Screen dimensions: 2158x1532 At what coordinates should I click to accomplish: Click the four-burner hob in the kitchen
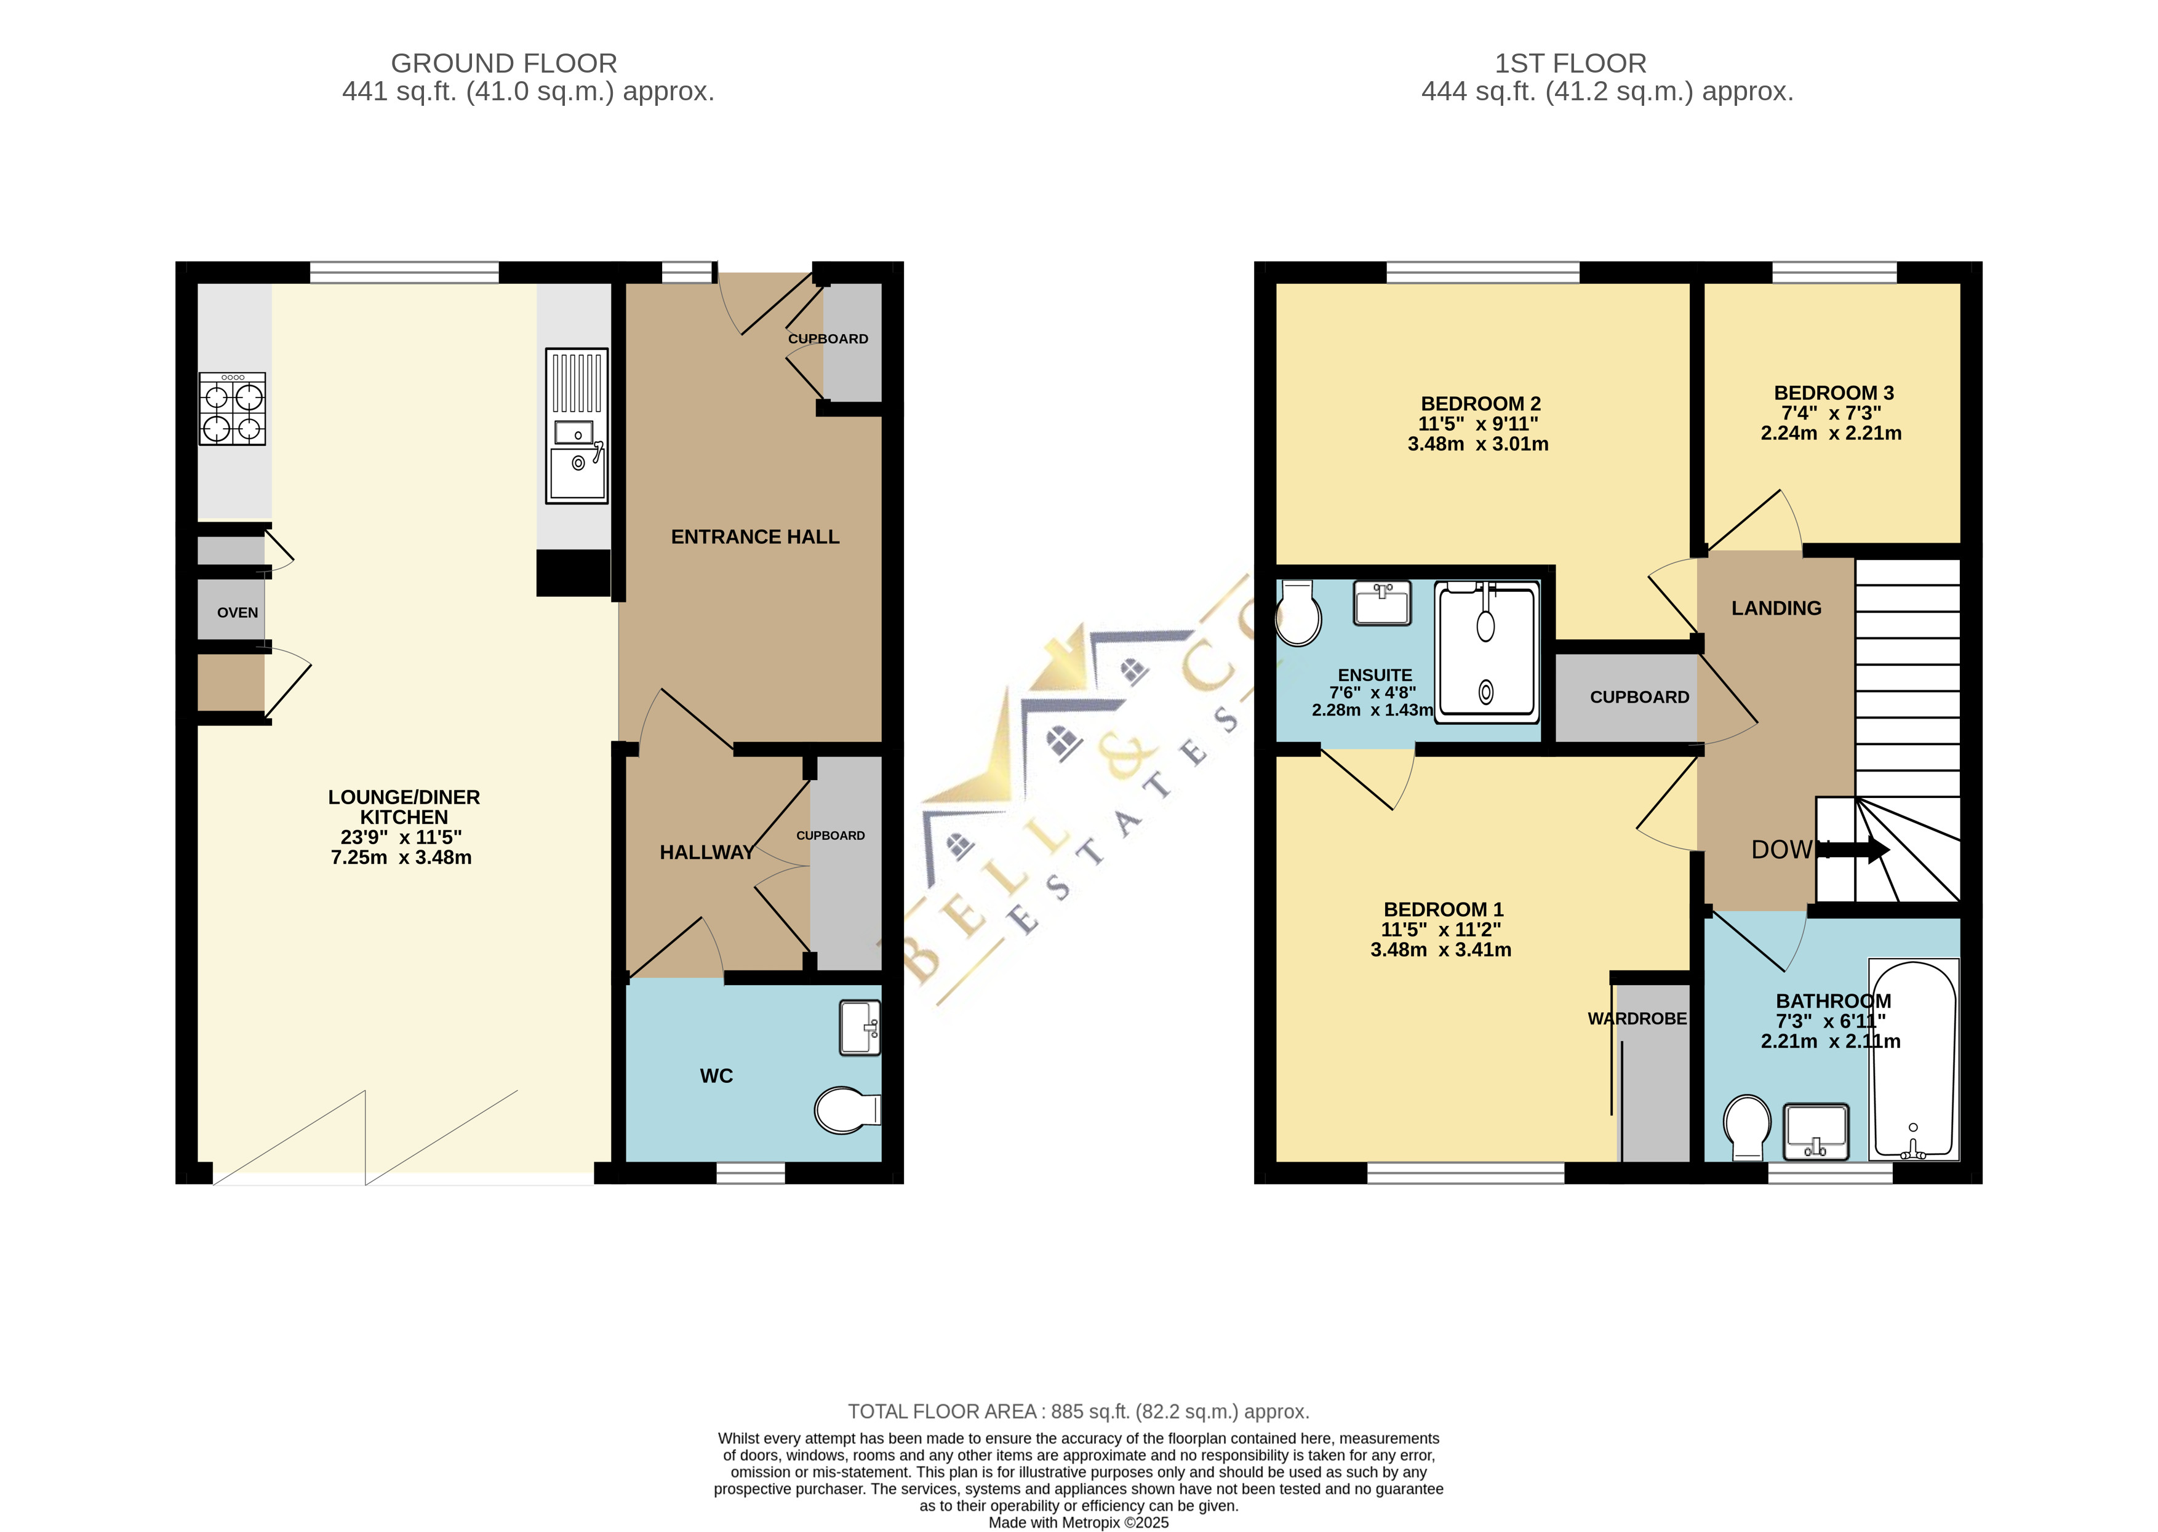pos(232,409)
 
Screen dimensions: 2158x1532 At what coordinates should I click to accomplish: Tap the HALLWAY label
pos(706,853)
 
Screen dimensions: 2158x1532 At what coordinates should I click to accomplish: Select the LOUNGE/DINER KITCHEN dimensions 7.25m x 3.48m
pos(401,858)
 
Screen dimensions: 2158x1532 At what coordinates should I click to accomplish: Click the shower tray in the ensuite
pos(1487,652)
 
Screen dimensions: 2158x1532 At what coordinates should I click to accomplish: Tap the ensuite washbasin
pos(1382,603)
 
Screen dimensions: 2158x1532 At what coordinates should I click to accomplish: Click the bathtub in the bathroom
pos(1914,1059)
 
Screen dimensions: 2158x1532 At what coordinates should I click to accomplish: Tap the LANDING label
pos(1776,608)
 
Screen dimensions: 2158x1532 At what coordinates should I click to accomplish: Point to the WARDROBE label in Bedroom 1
pos(1637,1019)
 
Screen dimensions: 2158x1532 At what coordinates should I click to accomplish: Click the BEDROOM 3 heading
pos(1834,393)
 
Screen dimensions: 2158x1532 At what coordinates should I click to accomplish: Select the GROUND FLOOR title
pos(504,63)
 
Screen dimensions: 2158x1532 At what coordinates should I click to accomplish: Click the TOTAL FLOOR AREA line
pos(1078,1411)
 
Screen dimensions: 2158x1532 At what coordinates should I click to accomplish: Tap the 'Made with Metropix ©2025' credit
pos(1078,1522)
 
